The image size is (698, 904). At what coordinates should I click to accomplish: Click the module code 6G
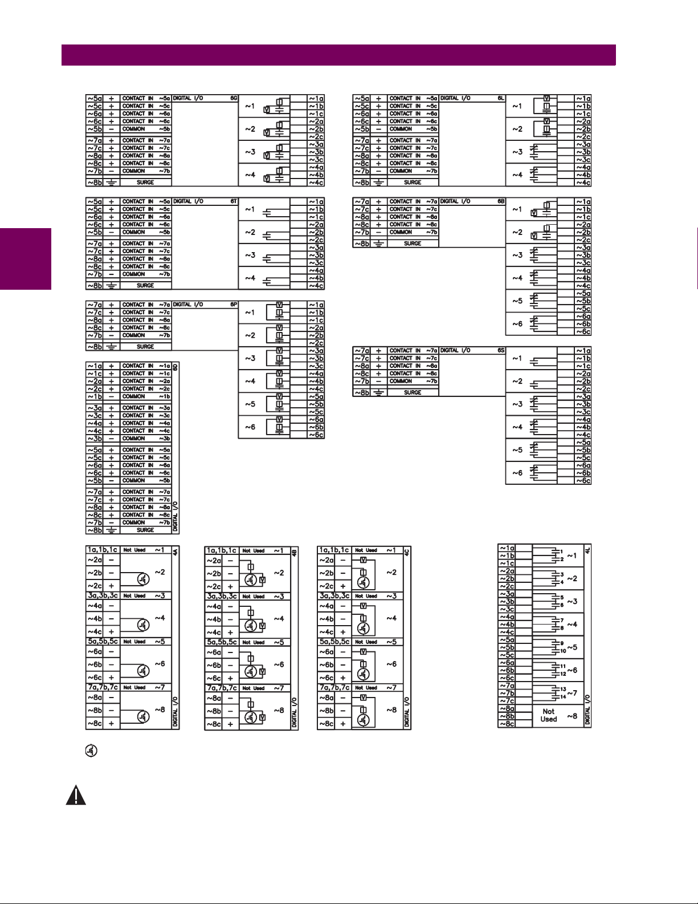pyautogui.click(x=233, y=98)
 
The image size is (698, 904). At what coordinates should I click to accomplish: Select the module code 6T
pyautogui.click(x=233, y=201)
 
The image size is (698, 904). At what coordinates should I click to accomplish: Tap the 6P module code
pyautogui.click(x=233, y=305)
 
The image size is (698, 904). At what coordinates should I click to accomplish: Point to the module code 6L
pyautogui.click(x=501, y=98)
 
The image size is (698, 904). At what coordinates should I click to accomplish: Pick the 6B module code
pyautogui.click(x=501, y=201)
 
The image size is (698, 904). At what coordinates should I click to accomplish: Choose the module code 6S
pyautogui.click(x=501, y=350)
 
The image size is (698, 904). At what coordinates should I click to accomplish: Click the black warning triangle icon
pyautogui.click(x=76, y=796)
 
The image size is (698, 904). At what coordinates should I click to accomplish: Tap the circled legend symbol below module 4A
pyautogui.click(x=91, y=751)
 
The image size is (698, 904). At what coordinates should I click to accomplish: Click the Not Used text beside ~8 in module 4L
pyautogui.click(x=548, y=715)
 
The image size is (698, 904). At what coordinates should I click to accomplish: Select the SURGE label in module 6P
pyautogui.click(x=145, y=346)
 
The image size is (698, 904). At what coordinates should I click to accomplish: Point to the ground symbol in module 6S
pyautogui.click(x=378, y=392)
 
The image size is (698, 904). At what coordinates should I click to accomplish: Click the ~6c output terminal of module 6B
pyautogui.click(x=583, y=331)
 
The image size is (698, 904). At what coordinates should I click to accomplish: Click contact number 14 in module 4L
pyautogui.click(x=563, y=696)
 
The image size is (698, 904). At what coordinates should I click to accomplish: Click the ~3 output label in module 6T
pyautogui.click(x=250, y=255)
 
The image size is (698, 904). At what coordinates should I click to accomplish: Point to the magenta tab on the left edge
pyautogui.click(x=26, y=259)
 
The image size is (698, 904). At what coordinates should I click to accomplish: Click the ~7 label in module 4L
pyautogui.click(x=572, y=693)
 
